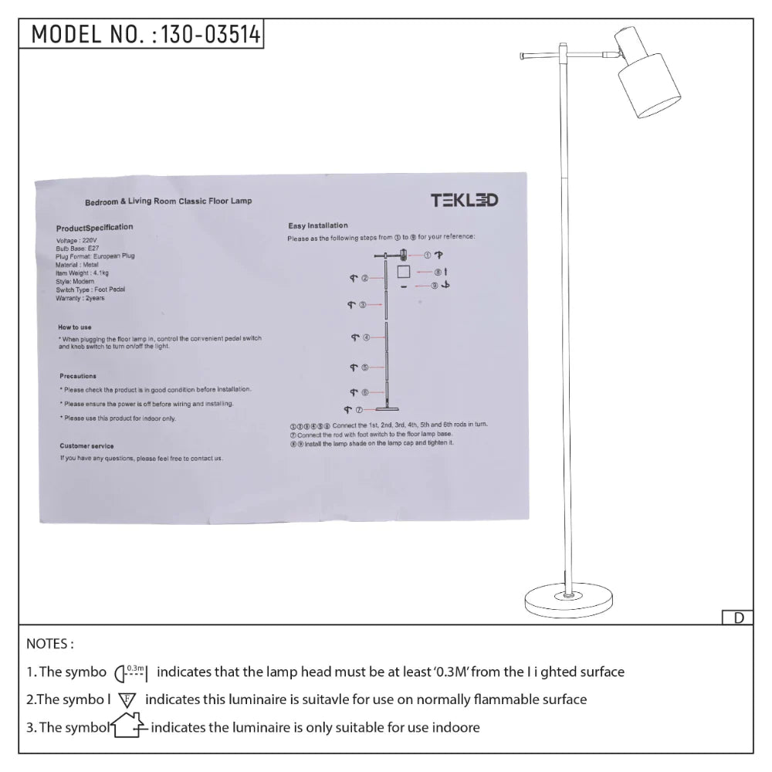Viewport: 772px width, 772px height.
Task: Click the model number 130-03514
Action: tap(208, 34)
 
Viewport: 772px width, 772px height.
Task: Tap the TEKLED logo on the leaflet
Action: tap(464, 201)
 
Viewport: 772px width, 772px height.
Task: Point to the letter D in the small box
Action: tap(738, 618)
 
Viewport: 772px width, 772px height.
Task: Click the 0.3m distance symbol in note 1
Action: tap(131, 672)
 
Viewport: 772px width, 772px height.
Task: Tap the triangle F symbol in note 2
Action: tap(127, 700)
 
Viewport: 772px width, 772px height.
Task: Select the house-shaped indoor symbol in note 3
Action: tap(128, 727)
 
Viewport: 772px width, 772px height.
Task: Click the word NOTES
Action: tap(50, 644)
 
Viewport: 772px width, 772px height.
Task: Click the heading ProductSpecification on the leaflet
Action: tap(94, 228)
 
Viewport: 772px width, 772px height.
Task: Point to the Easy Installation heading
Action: tap(318, 226)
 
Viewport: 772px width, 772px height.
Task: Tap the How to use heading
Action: tap(75, 327)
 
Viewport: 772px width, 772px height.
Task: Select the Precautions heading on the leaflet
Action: tap(78, 376)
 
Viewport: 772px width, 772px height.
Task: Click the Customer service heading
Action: tap(86, 446)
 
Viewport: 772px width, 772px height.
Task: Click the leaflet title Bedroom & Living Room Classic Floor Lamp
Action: tap(168, 201)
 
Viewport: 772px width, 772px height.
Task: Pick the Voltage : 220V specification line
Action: tap(77, 241)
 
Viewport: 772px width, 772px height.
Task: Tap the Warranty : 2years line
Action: tap(80, 298)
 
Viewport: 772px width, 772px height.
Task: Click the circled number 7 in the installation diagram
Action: tap(359, 410)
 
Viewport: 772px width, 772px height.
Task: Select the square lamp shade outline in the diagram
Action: tap(403, 273)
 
